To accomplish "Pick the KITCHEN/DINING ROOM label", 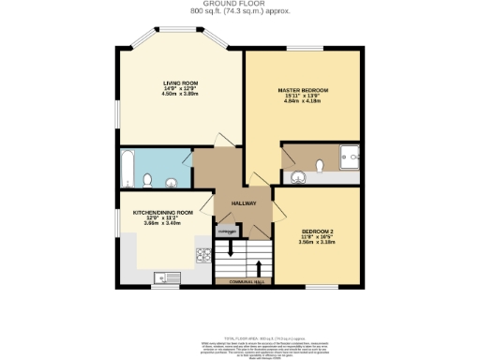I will [162, 212].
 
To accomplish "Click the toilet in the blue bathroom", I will [148, 179].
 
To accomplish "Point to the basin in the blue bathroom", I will [173, 182].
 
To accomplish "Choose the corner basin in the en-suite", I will [298, 176].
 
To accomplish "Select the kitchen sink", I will [167, 276].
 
